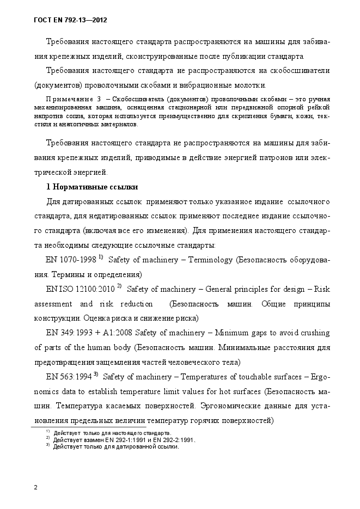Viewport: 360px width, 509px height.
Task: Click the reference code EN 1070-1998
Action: (x=71, y=260)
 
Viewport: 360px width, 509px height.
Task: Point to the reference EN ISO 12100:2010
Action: (x=80, y=289)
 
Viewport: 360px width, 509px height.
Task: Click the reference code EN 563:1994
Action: (x=69, y=376)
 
